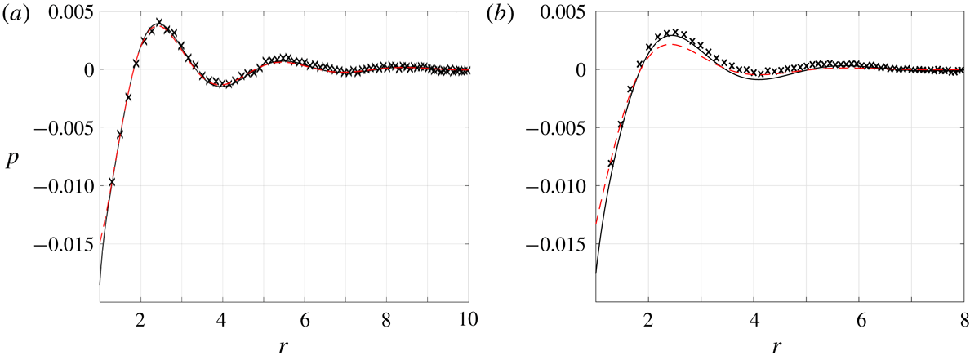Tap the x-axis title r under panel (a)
283,346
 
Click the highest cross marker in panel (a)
159,22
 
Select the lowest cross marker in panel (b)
611,163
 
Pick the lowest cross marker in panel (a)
112,182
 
